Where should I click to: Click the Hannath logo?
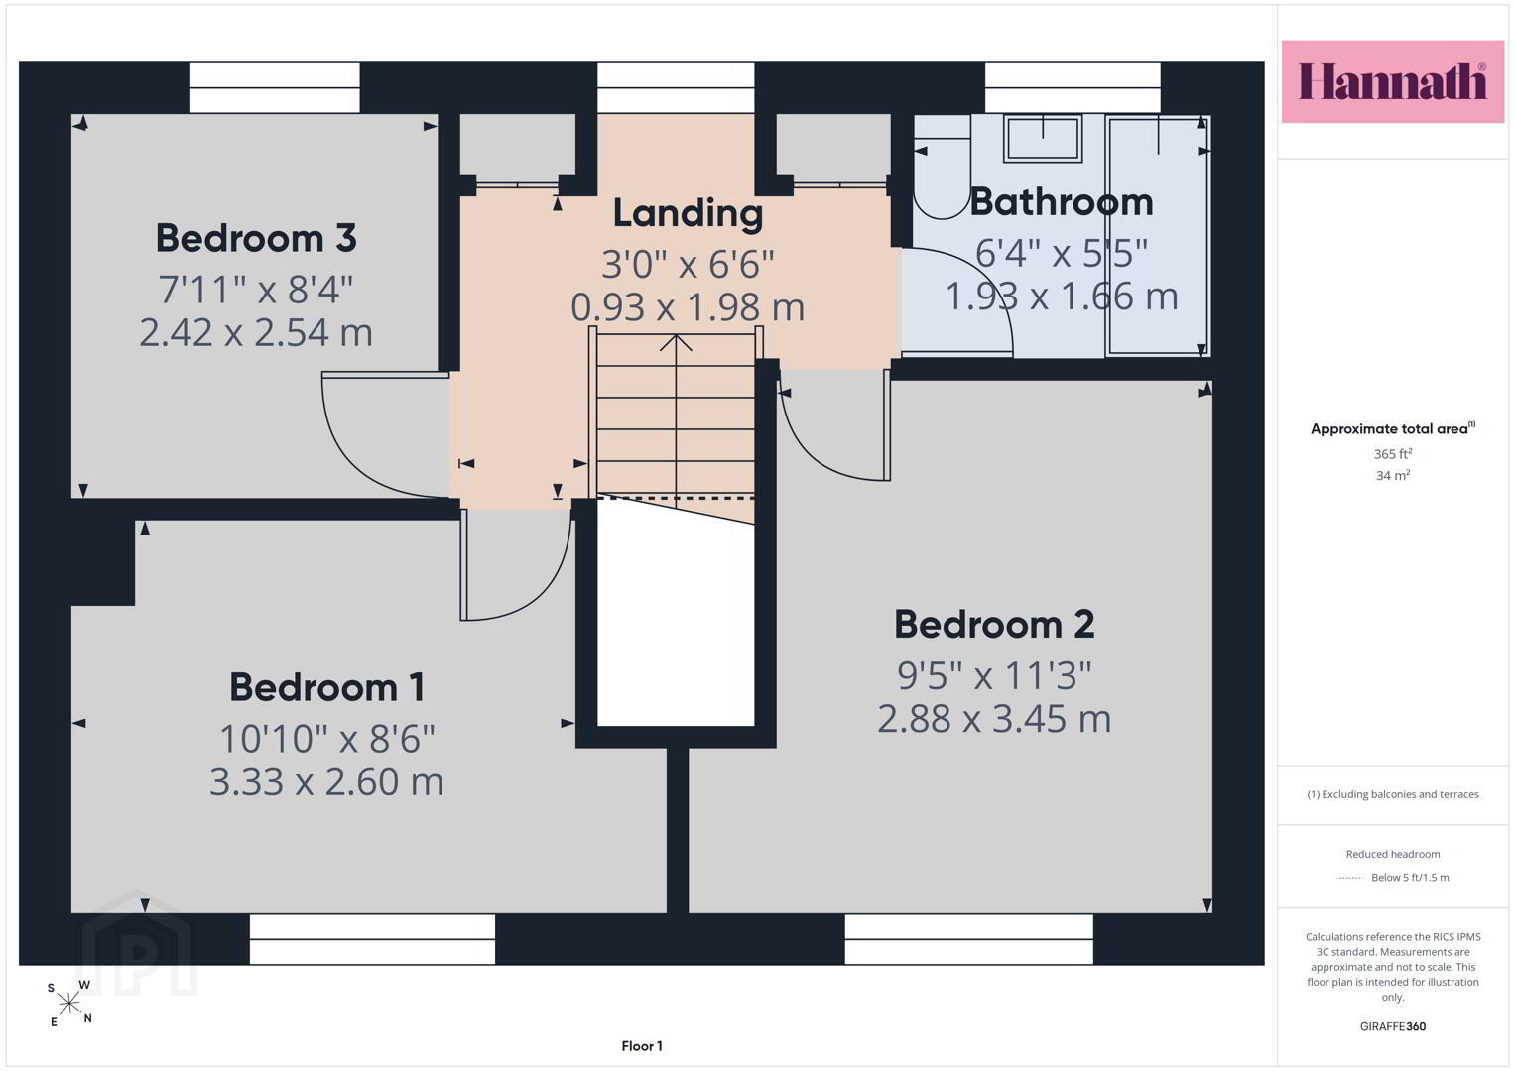(x=1393, y=81)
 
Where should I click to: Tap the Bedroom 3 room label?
(x=256, y=238)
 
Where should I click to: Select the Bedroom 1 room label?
(x=327, y=687)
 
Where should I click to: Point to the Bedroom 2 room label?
(x=994, y=624)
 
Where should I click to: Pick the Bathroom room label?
(x=1062, y=201)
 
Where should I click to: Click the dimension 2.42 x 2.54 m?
(x=256, y=332)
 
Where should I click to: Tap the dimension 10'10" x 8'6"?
(x=327, y=738)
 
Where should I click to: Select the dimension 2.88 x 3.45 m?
(x=994, y=718)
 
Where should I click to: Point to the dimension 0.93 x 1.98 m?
(x=688, y=307)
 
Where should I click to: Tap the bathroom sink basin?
(x=1043, y=139)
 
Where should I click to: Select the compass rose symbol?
(x=69, y=1004)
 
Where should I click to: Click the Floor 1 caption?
(x=642, y=1046)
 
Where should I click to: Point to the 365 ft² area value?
(x=1393, y=454)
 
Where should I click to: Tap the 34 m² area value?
(x=1393, y=475)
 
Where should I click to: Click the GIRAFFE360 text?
(x=1393, y=1026)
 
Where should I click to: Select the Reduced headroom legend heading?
(x=1393, y=854)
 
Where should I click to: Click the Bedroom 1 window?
(x=373, y=939)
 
